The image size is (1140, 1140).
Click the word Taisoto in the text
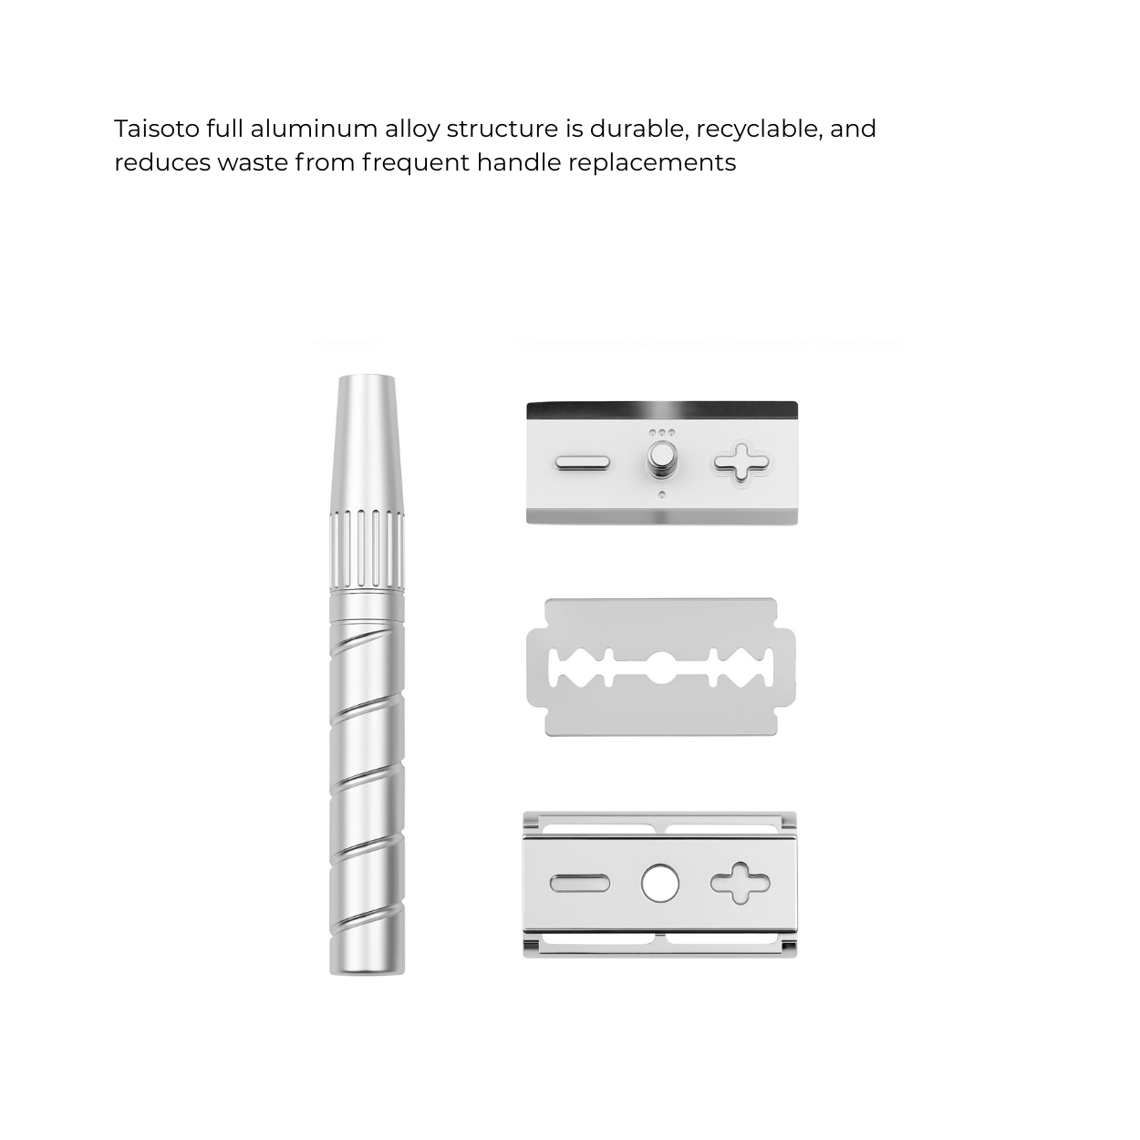tap(157, 129)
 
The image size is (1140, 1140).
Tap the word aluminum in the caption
tap(314, 129)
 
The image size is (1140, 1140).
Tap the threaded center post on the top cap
tap(661, 460)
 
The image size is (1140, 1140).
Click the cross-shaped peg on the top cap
tap(741, 462)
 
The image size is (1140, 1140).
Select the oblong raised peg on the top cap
tap(583, 462)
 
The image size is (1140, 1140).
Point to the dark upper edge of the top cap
tap(662, 410)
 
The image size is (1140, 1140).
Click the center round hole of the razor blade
tap(661, 668)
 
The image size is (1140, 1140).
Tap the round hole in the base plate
tap(659, 883)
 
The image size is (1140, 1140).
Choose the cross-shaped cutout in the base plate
tap(740, 883)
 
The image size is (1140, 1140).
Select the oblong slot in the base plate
tap(580, 883)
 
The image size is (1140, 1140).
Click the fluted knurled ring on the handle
tap(368, 551)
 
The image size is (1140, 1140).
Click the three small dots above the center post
tap(661, 433)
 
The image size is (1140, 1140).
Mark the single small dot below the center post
tap(661, 494)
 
